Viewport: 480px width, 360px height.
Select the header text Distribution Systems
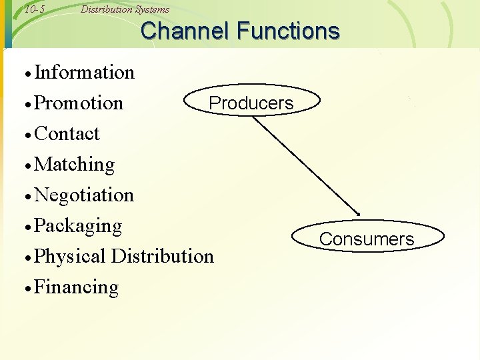pyautogui.click(x=125, y=9)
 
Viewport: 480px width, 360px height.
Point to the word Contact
pyautogui.click(x=67, y=134)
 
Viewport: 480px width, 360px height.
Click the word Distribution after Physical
pyautogui.click(x=163, y=256)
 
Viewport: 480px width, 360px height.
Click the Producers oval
pyautogui.click(x=251, y=103)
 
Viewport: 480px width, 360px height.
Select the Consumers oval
pyautogui.click(x=367, y=239)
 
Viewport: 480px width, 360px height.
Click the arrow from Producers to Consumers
pyautogui.click(x=305, y=164)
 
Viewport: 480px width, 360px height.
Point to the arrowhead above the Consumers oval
pyautogui.click(x=357, y=213)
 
